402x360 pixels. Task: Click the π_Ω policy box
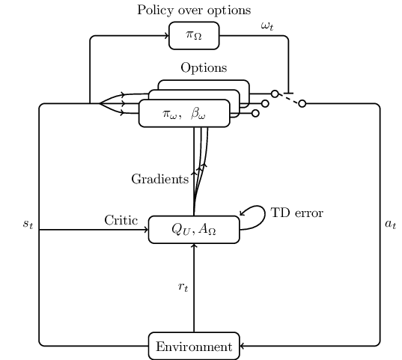[x=194, y=36]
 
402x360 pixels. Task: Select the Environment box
[x=194, y=347]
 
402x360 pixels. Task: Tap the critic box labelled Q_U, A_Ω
[x=194, y=230]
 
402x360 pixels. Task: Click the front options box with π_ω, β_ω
[x=184, y=113]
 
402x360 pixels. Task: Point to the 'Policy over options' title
[x=194, y=10]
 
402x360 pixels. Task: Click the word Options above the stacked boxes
[x=204, y=68]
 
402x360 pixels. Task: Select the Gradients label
[x=160, y=179]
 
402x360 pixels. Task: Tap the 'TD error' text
[x=297, y=213]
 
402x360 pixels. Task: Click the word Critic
[x=121, y=220]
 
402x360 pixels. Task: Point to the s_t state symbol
[x=28, y=224]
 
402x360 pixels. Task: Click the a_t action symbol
[x=391, y=224]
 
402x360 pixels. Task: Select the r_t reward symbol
[x=183, y=287]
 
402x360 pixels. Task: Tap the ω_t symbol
[x=267, y=26]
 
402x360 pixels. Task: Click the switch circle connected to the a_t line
[x=302, y=103]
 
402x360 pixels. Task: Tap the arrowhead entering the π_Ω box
[x=167, y=36]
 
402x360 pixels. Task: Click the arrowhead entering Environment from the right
[x=242, y=346]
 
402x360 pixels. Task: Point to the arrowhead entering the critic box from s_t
[x=147, y=230]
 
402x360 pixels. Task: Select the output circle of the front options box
[x=255, y=113]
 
